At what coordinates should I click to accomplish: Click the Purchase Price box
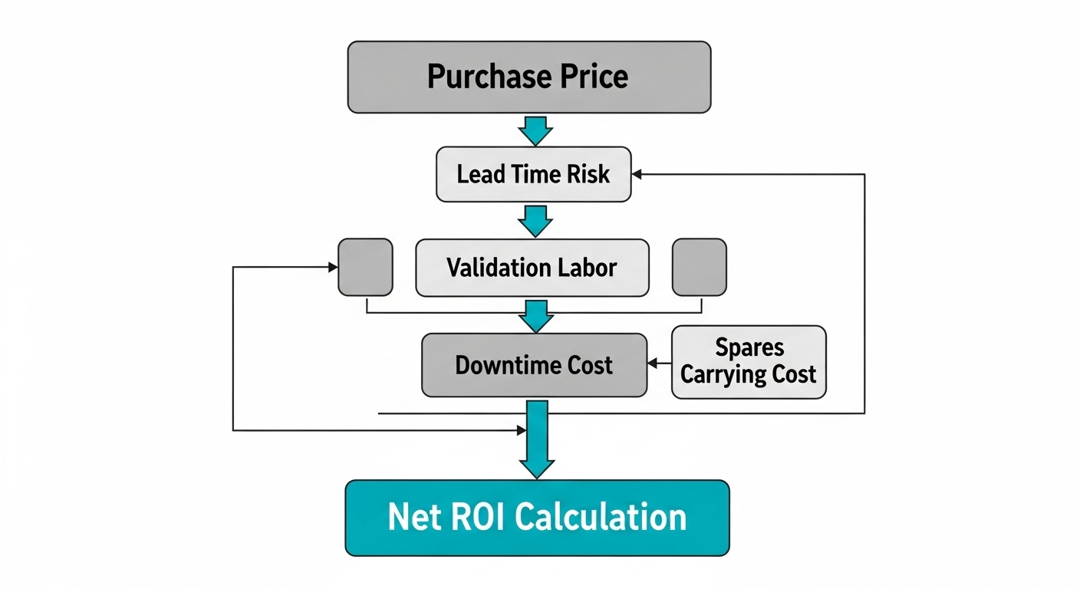pyautogui.click(x=529, y=77)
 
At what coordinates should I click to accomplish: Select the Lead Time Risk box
pyautogui.click(x=533, y=174)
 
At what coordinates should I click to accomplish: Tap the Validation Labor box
pyautogui.click(x=532, y=268)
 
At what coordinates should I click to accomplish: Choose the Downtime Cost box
pyautogui.click(x=534, y=365)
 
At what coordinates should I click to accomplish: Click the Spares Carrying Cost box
pyautogui.click(x=749, y=362)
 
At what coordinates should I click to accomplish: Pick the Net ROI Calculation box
pyautogui.click(x=537, y=518)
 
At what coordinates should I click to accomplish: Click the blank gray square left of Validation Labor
pyautogui.click(x=365, y=267)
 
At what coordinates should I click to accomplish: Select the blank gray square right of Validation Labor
pyautogui.click(x=699, y=267)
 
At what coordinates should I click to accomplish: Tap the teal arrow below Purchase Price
pyautogui.click(x=535, y=130)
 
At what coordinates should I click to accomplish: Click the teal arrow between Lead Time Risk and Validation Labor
pyautogui.click(x=535, y=221)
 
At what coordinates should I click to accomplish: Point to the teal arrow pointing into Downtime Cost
pyautogui.click(x=535, y=316)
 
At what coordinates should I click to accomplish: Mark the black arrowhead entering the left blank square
pyautogui.click(x=332, y=267)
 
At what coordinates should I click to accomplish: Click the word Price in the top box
pyautogui.click(x=593, y=77)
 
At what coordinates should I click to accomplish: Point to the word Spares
pyautogui.click(x=749, y=347)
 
